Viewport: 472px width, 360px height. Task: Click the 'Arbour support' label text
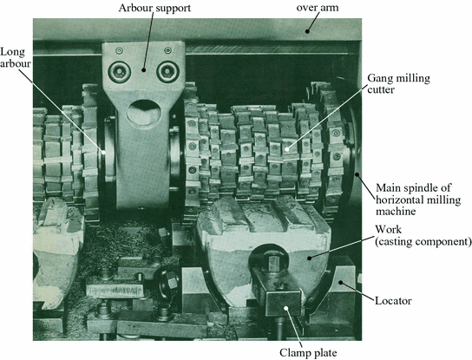tap(154, 8)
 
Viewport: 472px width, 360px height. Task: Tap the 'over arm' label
tap(318, 8)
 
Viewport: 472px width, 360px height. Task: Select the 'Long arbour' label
tap(15, 57)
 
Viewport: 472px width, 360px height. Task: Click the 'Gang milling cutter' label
tap(398, 83)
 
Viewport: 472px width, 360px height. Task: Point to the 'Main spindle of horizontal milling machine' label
tap(418, 200)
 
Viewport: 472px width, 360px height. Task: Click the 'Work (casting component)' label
tap(423, 235)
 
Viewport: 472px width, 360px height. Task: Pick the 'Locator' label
tap(393, 300)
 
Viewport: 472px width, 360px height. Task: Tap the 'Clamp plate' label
tap(308, 353)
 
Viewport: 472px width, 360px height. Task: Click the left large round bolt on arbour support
tap(120, 72)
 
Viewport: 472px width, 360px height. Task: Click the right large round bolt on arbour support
tap(167, 72)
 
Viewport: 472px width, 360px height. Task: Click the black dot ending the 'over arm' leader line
tap(307, 31)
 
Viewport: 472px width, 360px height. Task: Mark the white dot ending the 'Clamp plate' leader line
tap(286, 308)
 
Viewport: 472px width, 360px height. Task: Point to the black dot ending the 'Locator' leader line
tap(341, 282)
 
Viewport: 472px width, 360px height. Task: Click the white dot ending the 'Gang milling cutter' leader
tap(287, 149)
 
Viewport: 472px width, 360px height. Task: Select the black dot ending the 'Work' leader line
tap(309, 258)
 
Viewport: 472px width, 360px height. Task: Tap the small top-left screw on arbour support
tap(119, 50)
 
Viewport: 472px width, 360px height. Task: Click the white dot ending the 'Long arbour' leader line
tap(103, 153)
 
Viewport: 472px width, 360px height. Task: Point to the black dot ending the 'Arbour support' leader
tap(143, 70)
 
